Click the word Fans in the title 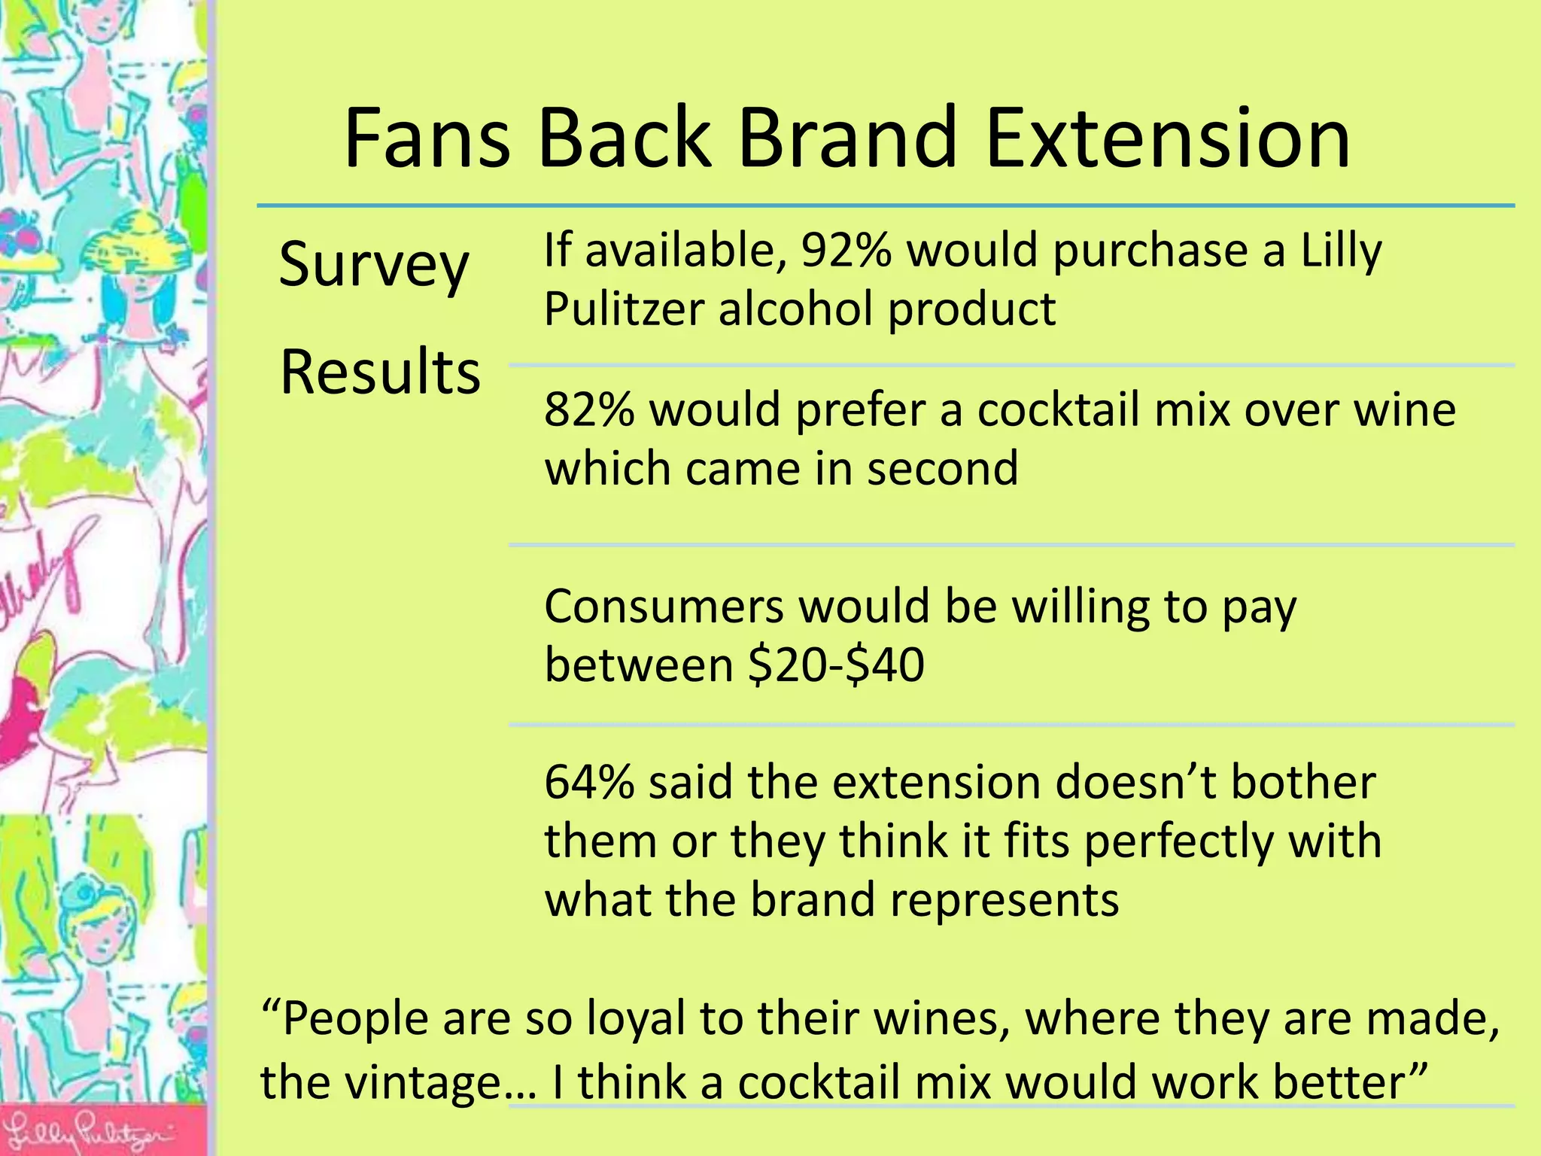click(427, 139)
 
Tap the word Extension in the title click(1167, 139)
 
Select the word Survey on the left click(374, 265)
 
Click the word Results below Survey click(380, 372)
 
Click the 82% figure click(589, 410)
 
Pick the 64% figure click(589, 782)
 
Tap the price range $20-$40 click(836, 665)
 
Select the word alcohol click(797, 309)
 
